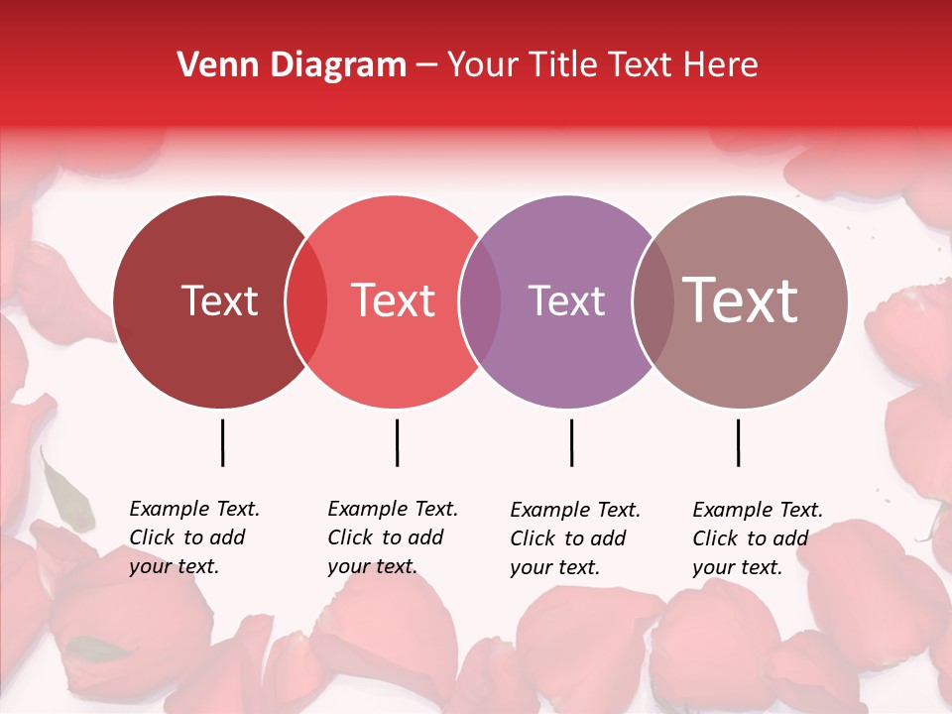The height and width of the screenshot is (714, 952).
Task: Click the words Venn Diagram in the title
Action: [x=292, y=65]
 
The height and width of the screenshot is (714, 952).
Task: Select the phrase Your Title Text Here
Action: [x=602, y=65]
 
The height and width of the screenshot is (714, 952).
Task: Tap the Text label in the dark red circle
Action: [x=219, y=300]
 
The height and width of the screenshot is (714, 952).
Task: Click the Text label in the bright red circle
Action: [x=394, y=300]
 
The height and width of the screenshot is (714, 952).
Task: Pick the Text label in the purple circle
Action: [x=567, y=300]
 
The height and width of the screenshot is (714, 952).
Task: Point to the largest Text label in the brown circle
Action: [x=741, y=299]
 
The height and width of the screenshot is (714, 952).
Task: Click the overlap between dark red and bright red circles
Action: [x=306, y=301]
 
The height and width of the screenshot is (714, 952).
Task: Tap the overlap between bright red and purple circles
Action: [x=480, y=301]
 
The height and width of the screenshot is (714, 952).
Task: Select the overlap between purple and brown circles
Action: [x=653, y=301]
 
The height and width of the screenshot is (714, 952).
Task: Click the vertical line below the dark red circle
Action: [x=222, y=442]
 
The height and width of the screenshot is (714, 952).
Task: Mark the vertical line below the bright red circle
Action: [x=397, y=442]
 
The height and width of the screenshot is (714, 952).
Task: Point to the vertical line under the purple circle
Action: [x=571, y=442]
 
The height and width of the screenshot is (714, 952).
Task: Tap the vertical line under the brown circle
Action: [x=738, y=442]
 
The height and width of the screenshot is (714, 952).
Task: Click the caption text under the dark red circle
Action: [x=194, y=537]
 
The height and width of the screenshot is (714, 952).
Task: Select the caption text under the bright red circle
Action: [x=393, y=537]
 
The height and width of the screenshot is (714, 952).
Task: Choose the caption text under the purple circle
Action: [x=575, y=538]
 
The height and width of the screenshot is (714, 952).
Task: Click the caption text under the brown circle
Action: [x=758, y=538]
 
